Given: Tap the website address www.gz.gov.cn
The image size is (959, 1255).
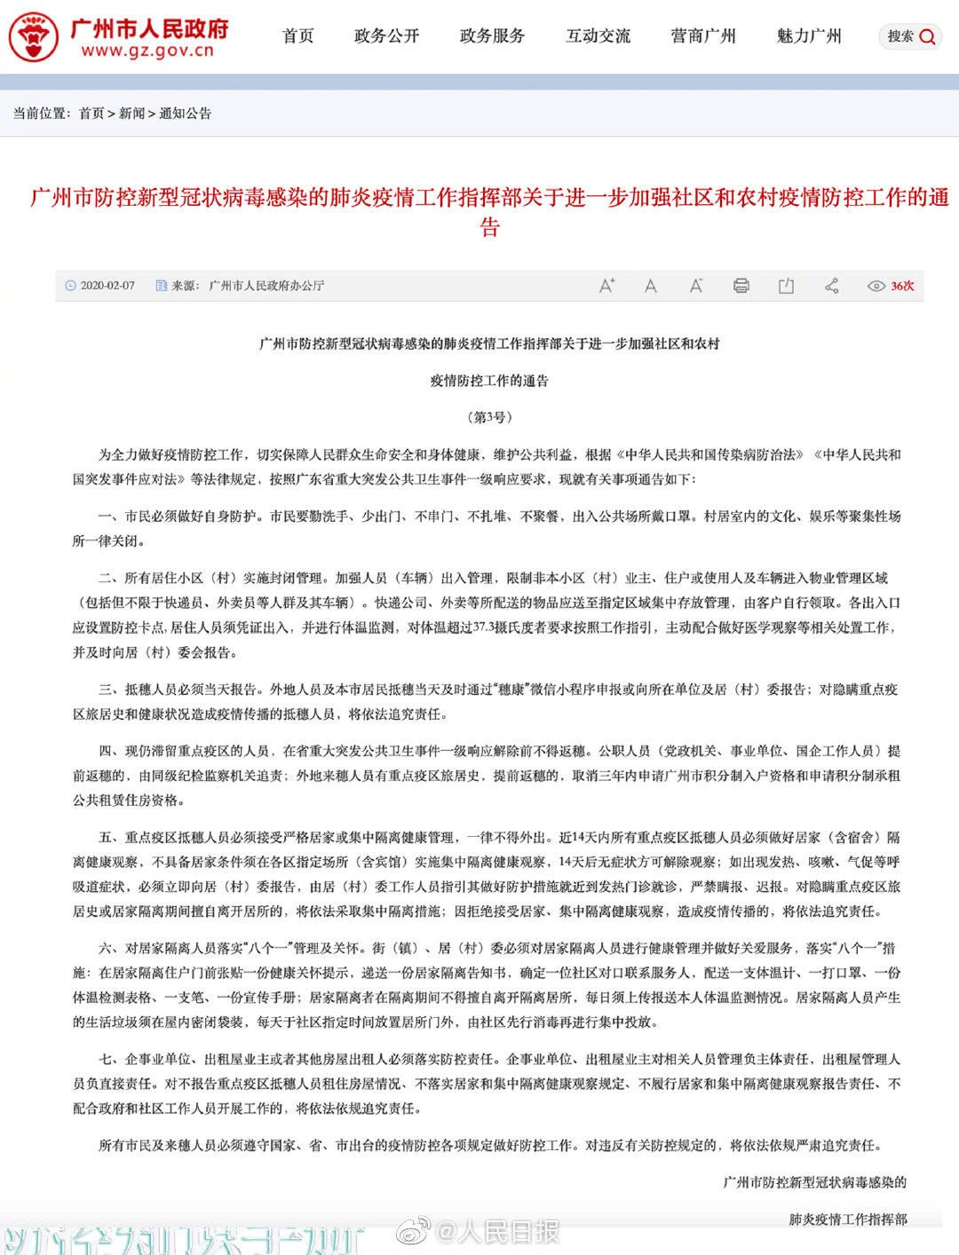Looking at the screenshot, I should tap(147, 51).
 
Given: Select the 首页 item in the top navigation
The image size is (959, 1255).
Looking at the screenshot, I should tap(298, 36).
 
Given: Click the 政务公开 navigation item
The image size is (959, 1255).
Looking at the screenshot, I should tap(386, 36).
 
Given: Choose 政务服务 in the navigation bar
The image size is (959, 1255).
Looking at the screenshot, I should tap(492, 36).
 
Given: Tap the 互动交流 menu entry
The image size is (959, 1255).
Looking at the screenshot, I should tap(598, 36).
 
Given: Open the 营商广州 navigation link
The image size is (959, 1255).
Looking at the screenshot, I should tap(703, 36).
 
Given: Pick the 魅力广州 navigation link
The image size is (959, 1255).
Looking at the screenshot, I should tap(809, 36).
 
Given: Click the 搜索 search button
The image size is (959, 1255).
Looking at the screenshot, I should tap(911, 36).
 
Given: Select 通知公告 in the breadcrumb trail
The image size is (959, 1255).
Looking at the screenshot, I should tap(186, 114).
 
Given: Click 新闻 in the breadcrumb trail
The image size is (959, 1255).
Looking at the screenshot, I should tap(131, 114).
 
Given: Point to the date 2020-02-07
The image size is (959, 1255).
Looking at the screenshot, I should tap(107, 286).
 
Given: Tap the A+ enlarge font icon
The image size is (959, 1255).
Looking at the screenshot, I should tap(606, 286).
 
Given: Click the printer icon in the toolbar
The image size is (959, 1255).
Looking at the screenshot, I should tap(741, 286).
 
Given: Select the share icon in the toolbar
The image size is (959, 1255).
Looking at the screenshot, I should tap(832, 286).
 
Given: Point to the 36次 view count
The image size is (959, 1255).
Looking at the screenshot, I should tap(902, 286).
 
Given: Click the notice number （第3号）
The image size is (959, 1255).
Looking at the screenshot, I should tap(489, 417).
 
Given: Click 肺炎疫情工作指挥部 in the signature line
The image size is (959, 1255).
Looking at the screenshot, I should tap(848, 1219).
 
